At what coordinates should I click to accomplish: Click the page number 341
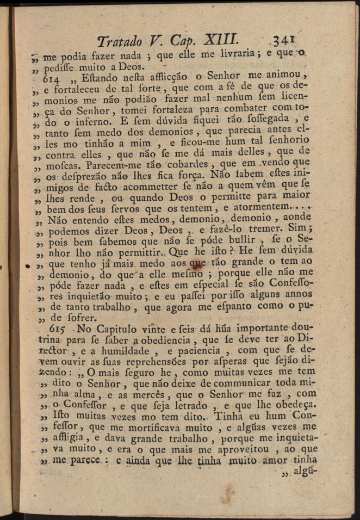(283, 40)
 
